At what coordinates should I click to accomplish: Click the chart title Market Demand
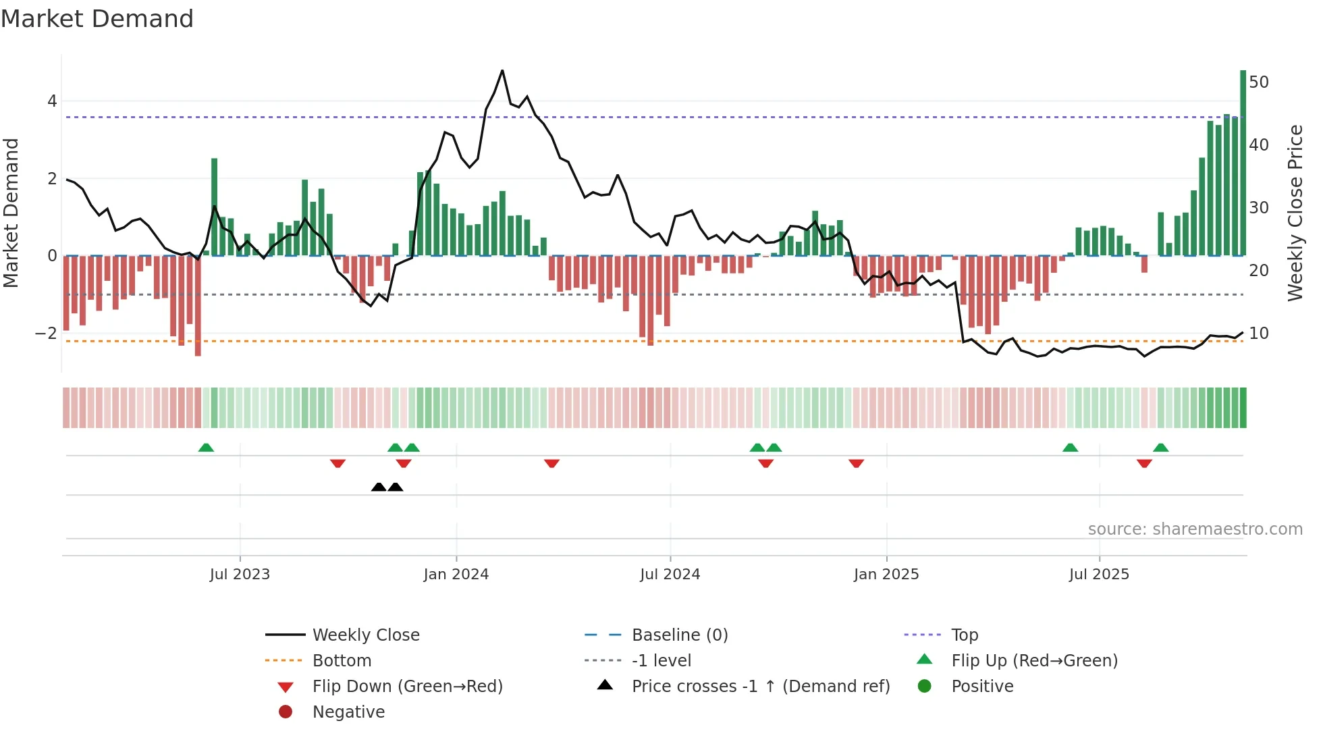click(97, 19)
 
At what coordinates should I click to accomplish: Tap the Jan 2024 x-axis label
click(456, 575)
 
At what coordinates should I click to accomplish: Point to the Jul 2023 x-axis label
click(240, 575)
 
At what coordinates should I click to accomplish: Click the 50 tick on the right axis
click(1258, 82)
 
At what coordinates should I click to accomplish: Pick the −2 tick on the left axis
click(46, 334)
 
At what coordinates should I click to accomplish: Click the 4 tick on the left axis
click(52, 101)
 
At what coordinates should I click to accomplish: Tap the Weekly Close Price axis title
click(1295, 213)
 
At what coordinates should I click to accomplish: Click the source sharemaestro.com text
click(1195, 529)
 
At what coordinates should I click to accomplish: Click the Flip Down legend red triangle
click(286, 687)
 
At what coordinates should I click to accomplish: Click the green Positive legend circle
click(925, 687)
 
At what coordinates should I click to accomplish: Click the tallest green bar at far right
click(1243, 162)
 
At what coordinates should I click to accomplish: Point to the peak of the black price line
click(502, 71)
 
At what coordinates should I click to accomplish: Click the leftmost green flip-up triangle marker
click(206, 448)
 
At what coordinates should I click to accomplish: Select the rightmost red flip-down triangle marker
click(1143, 463)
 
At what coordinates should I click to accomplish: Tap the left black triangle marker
click(379, 487)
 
